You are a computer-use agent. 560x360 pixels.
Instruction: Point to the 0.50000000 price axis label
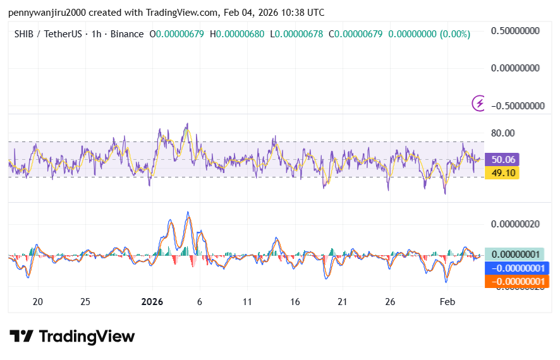518,30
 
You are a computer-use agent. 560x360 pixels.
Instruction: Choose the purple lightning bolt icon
480,103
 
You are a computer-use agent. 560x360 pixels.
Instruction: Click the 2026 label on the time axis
152,302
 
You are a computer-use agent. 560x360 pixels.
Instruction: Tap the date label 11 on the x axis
247,302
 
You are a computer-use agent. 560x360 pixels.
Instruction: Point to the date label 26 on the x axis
390,302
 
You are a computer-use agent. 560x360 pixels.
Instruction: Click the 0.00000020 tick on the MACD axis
518,224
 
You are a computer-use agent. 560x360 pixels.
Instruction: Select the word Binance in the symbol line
127,34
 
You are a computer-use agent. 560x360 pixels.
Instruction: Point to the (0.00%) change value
452,34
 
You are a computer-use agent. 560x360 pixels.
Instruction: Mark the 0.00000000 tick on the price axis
518,68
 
